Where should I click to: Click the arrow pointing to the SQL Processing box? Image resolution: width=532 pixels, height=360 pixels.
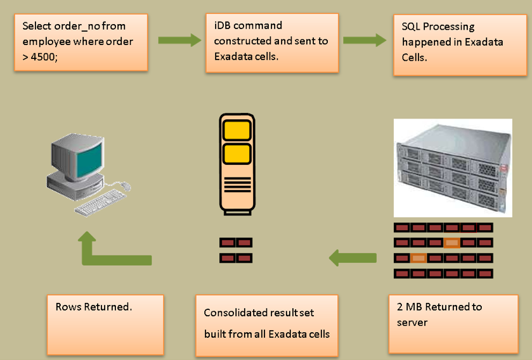point(365,41)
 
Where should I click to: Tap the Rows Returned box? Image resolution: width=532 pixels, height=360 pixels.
point(105,324)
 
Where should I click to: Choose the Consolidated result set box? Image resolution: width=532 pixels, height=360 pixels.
point(267,323)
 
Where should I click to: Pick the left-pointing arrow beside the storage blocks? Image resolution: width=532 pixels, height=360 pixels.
point(352,258)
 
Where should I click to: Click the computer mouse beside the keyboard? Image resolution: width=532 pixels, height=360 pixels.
point(126,186)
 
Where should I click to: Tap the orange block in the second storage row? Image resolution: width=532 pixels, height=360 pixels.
point(452,242)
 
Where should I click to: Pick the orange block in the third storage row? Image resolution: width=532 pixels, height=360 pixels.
point(418,258)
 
